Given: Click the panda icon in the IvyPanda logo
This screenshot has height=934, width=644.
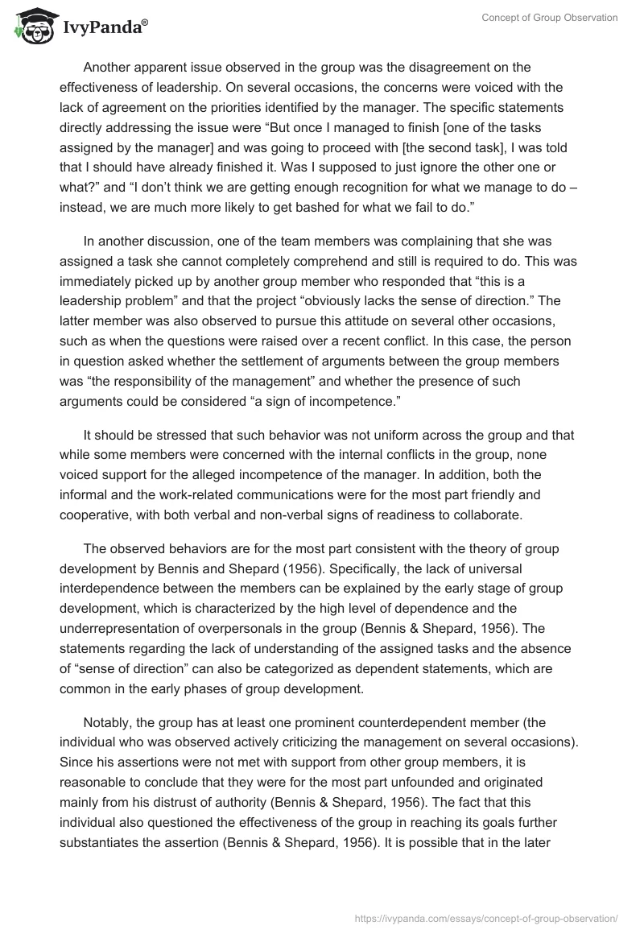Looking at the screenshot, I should click(x=30, y=28).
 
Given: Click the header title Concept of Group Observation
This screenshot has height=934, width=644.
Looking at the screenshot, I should click(x=550, y=18).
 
